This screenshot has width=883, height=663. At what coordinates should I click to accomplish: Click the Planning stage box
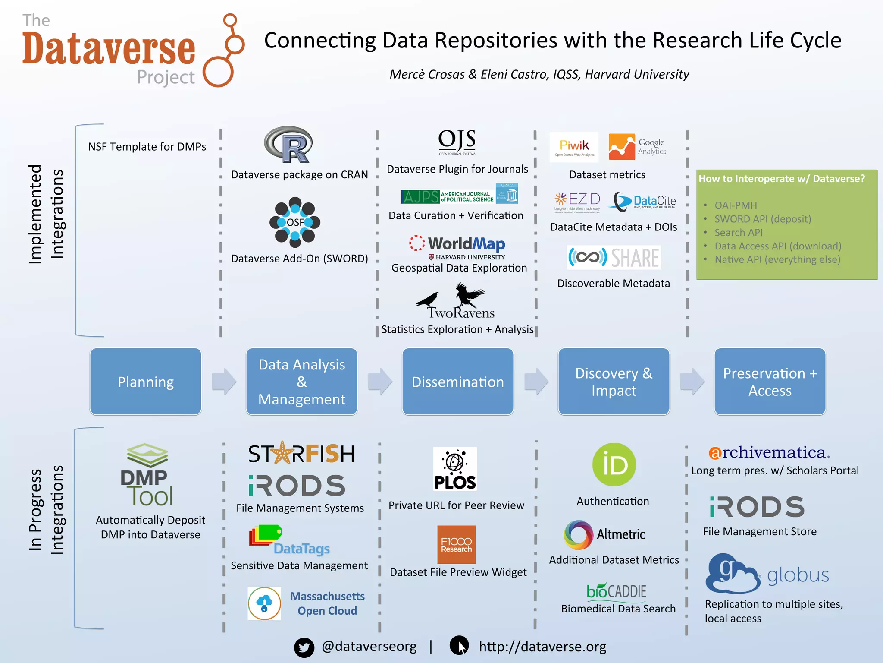point(146,382)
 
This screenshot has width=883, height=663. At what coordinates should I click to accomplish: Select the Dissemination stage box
point(457,382)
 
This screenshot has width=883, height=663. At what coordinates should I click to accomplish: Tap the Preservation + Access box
point(770,382)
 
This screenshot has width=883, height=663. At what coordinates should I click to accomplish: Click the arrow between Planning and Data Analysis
point(224,382)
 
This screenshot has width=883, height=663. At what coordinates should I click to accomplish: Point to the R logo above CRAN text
point(288,145)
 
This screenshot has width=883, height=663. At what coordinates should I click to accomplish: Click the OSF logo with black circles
point(295,222)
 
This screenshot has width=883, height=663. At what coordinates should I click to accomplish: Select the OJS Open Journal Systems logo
point(457,142)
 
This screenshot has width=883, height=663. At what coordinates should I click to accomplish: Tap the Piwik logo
point(574,147)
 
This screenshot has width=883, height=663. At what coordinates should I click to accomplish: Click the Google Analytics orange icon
point(621,147)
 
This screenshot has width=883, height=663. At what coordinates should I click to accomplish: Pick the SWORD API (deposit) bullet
point(762,219)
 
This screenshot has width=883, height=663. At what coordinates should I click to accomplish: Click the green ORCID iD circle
point(614,465)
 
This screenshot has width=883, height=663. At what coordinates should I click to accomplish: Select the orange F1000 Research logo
point(456,545)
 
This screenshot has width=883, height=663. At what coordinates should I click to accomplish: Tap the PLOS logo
point(455,469)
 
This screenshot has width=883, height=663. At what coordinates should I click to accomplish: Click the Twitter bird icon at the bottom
point(304,647)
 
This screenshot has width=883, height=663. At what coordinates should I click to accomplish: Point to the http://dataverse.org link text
point(542,647)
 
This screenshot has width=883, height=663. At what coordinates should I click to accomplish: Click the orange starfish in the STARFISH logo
point(283,453)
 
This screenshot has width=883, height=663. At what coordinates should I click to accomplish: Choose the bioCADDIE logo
point(616,591)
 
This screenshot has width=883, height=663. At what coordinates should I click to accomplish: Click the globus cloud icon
point(732,574)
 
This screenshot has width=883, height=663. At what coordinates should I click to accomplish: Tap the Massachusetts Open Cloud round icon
point(264,603)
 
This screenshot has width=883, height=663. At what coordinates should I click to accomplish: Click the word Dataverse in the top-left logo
point(109,49)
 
